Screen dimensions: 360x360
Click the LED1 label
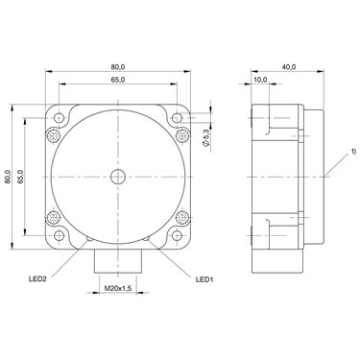click(204, 279)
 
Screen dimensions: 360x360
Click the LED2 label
click(38, 279)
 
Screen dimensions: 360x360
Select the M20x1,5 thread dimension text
click(118, 288)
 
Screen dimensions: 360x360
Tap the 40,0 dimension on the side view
click(289, 67)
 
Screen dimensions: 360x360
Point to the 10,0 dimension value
click(260, 80)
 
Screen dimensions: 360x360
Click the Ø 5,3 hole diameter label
click(206, 138)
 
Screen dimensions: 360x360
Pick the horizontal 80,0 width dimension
click(118, 67)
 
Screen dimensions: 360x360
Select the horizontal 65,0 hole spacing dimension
click(118, 80)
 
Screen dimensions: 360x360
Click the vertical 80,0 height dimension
click(8, 177)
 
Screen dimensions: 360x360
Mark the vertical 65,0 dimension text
click(20, 177)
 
